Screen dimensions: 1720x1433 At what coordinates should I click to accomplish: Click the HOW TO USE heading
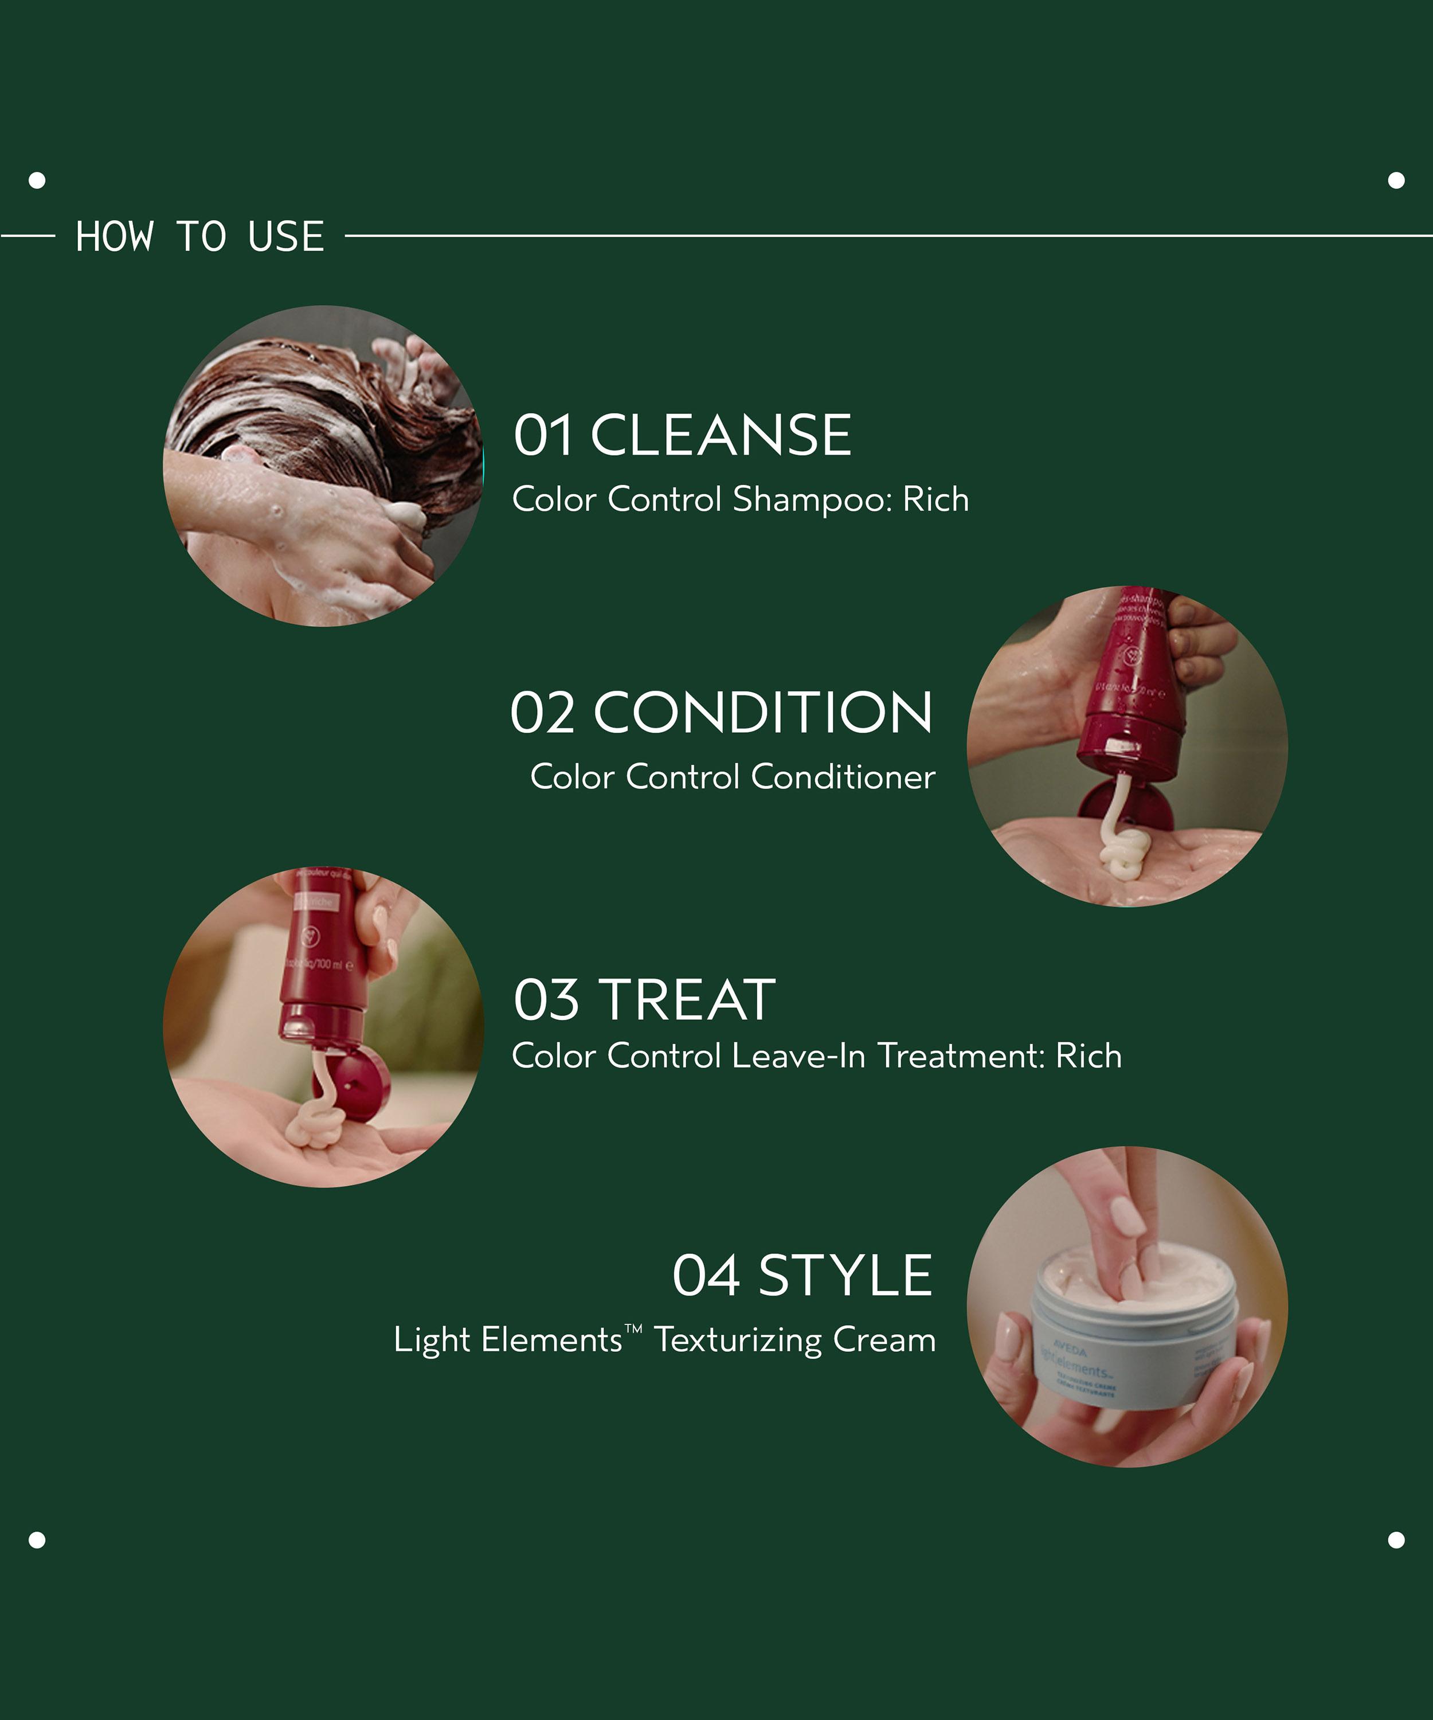[200, 237]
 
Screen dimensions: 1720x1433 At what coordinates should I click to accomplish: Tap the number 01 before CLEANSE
[542, 435]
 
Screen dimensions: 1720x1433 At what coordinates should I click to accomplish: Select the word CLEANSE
[721, 435]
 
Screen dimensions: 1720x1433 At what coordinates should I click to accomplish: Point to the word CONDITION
[762, 713]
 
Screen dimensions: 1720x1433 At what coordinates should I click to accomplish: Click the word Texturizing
[737, 1341]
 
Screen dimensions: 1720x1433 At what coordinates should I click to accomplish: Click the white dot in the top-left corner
[37, 180]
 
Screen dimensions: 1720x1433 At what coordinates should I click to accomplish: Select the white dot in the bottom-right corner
[1396, 1540]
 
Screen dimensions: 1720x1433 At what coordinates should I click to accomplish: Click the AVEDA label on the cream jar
[1068, 1351]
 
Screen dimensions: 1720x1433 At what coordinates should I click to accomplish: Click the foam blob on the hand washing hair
[404, 514]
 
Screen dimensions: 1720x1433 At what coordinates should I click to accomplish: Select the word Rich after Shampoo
[935, 499]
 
